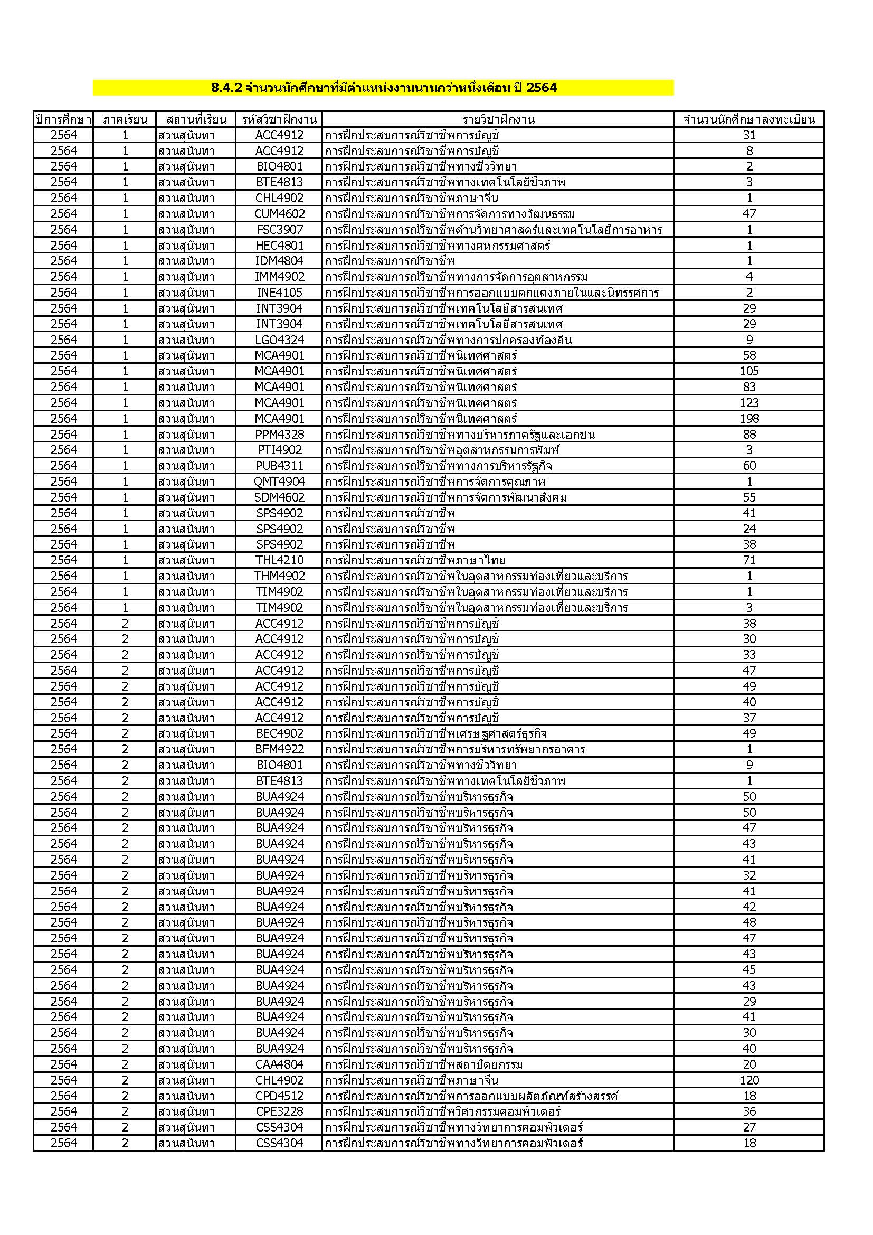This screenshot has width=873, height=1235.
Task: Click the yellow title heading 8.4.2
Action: (x=383, y=88)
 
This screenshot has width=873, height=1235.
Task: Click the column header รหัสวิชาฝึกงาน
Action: (x=279, y=119)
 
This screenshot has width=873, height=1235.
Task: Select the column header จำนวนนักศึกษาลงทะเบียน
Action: (x=749, y=119)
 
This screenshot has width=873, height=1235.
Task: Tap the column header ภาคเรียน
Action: (x=125, y=119)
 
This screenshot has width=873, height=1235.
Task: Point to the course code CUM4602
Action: (x=279, y=214)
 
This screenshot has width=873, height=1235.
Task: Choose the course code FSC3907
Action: (x=279, y=230)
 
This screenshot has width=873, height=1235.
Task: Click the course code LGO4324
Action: (x=279, y=340)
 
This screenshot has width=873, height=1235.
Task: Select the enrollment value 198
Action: (x=749, y=419)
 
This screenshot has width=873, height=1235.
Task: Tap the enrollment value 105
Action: (x=749, y=371)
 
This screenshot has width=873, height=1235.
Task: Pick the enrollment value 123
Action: (x=749, y=403)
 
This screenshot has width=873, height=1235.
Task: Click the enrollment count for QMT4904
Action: (x=749, y=482)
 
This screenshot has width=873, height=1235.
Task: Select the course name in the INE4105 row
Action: (x=492, y=293)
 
